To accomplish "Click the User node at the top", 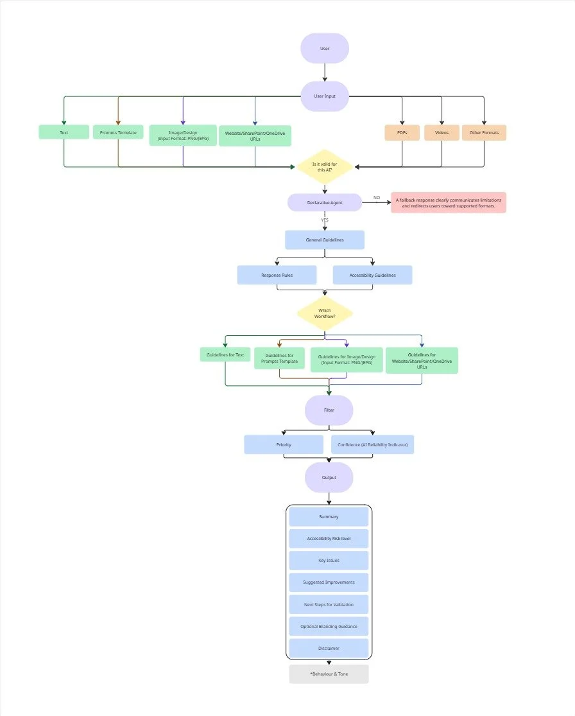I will (x=325, y=48).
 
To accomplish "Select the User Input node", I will (x=325, y=96).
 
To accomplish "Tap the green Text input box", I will (x=64, y=132).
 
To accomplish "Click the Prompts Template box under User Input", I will (x=118, y=132).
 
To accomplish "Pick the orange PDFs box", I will (x=402, y=132).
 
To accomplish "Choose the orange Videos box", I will (x=442, y=132).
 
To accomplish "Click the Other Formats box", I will (x=484, y=132).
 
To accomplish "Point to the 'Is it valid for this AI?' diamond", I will (x=325, y=167).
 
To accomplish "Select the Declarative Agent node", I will (x=325, y=202).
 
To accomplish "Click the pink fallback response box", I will (x=449, y=202).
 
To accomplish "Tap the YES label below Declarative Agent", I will (x=325, y=220).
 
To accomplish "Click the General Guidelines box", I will (x=325, y=240).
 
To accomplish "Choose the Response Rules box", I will (x=277, y=275).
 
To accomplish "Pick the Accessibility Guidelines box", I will (x=372, y=275).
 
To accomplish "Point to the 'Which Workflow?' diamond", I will (x=325, y=313).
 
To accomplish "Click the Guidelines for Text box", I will (x=225, y=354).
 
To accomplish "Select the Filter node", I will (x=329, y=410).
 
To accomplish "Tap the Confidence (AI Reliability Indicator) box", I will (x=372, y=444).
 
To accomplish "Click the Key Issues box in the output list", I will (x=329, y=560).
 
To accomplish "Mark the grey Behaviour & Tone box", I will (x=329, y=674).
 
